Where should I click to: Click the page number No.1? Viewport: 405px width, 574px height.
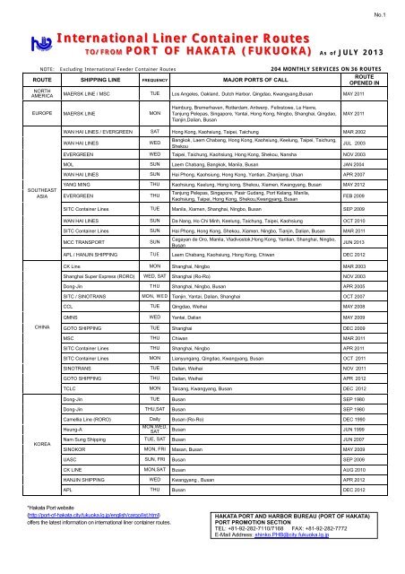[387, 12]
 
